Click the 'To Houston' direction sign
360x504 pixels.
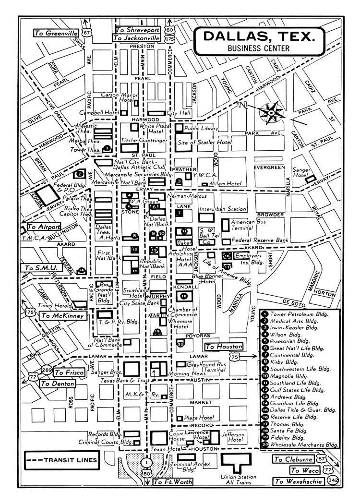[x=223, y=346]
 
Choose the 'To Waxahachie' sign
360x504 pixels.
[x=298, y=481]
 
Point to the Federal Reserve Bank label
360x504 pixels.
[x=260, y=240]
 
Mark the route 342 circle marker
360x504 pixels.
[x=331, y=480]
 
